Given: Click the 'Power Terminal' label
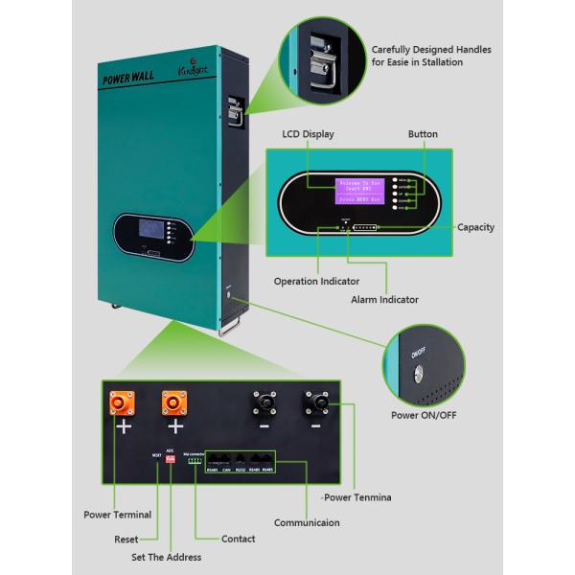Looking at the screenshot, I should click(117, 515).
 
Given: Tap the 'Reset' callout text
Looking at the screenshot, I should click(126, 539).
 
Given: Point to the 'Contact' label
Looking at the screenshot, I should click(238, 539).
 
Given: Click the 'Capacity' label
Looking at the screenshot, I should click(475, 227).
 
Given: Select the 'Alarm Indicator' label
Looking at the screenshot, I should click(384, 300).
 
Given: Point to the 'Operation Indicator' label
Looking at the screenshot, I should click(316, 282).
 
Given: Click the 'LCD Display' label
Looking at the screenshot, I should click(308, 135).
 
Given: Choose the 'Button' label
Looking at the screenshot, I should click(423, 135).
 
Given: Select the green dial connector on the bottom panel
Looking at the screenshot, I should click(195, 460).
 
